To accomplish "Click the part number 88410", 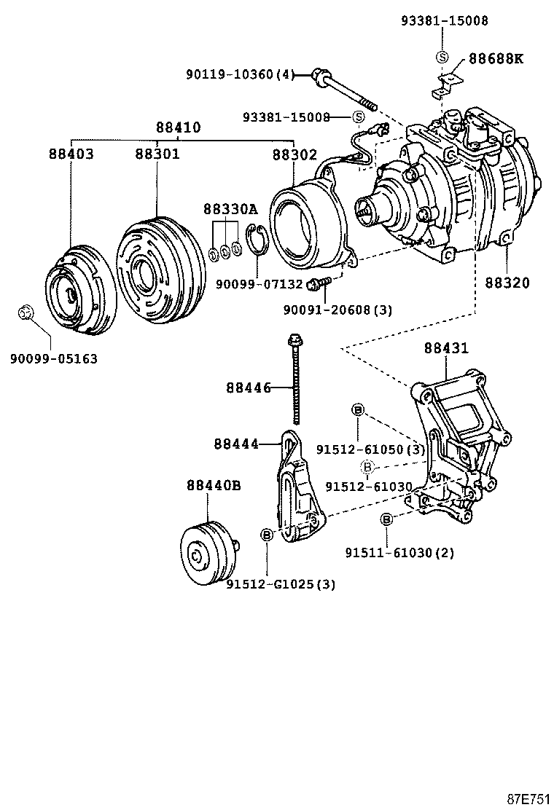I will coord(178,127).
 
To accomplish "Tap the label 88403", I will coord(71,154).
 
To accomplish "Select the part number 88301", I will coord(157,154).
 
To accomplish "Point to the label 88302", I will coord(294,154).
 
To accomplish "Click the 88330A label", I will coord(230,209).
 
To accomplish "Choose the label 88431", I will coord(446,349).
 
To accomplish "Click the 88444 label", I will coord(236,443).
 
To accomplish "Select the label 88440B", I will coord(213,485).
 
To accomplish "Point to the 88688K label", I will coord(496,58).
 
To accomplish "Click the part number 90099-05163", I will coord(54,358).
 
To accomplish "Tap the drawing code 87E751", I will coord(528,798).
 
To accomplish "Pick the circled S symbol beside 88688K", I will coord(441,58).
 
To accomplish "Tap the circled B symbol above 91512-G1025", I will coord(267,535).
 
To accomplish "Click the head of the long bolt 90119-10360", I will coord(319,74).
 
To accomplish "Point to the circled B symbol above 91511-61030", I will coord(387,519).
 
